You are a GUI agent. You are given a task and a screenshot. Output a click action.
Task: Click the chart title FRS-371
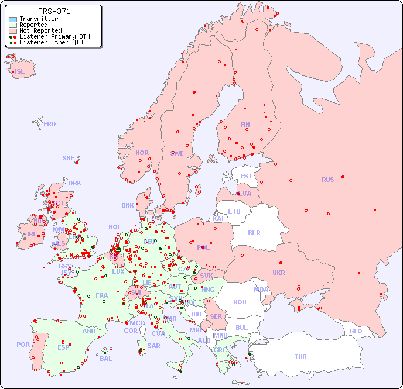pos(54,11)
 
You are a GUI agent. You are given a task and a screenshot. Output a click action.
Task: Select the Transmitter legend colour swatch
pos(13,19)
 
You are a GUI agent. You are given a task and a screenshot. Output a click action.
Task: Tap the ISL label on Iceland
pos(20,72)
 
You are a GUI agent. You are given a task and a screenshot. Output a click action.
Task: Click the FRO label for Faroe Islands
pos(50,124)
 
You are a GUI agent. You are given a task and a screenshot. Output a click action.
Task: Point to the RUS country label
pos(327,180)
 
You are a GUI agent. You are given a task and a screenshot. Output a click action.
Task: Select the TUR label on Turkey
pos(300,357)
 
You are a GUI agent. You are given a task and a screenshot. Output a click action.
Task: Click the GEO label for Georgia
pos(356,331)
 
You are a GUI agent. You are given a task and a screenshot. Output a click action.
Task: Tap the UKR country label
pos(279,273)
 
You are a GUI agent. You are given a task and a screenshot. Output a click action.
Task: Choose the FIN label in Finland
pos(245,125)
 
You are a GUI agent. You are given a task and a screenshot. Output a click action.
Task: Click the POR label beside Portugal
pos(23,345)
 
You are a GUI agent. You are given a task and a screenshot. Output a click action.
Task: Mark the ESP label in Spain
pos(63,347)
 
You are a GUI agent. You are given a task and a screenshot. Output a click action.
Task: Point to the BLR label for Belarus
pos(254,232)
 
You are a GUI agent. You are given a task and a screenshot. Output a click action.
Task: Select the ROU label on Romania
pos(240,302)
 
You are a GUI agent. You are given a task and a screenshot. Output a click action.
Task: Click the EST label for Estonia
pos(246,176)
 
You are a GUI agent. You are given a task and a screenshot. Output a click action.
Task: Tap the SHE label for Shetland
pos(69,158)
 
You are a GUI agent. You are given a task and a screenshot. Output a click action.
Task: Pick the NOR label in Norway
pos(142,153)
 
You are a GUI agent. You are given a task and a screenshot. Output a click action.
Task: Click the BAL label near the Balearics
pos(106,359)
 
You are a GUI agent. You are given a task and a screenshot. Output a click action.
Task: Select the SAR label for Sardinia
pos(154,346)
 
